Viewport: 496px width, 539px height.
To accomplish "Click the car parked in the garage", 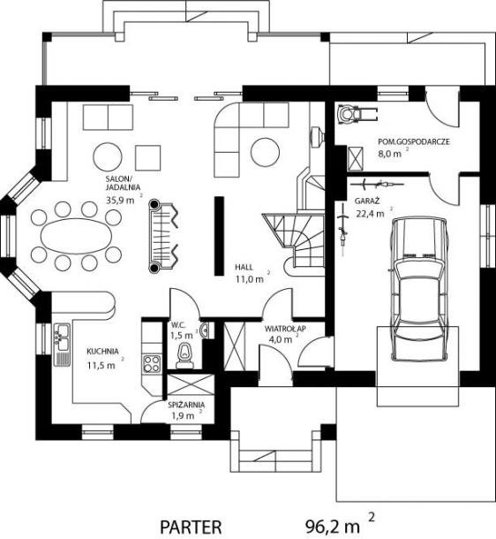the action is (x=419, y=289).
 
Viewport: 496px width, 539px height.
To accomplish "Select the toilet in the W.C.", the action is (x=184, y=356).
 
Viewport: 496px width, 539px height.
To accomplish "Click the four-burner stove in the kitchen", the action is (x=152, y=364).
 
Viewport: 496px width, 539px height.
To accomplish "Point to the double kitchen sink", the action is (x=62, y=338).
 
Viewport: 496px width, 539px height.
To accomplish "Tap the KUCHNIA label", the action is (x=102, y=352).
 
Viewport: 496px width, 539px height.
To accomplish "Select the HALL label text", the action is (x=244, y=267).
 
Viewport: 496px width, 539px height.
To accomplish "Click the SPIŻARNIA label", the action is (x=186, y=405).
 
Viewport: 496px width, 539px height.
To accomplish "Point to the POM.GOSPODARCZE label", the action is (x=414, y=141).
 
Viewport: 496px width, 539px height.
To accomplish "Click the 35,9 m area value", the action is (x=120, y=200).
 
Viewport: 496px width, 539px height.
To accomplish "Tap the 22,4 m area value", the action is (x=370, y=214).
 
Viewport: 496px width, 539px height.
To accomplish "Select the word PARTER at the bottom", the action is (x=191, y=527).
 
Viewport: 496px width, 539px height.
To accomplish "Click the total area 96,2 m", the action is (x=332, y=526).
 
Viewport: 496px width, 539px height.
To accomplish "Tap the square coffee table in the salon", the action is (x=148, y=158).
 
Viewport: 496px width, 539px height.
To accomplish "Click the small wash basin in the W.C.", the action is (x=204, y=330).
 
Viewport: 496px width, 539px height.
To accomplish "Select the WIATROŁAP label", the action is (x=285, y=329).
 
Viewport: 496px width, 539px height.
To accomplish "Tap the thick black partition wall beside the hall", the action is (x=219, y=236).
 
